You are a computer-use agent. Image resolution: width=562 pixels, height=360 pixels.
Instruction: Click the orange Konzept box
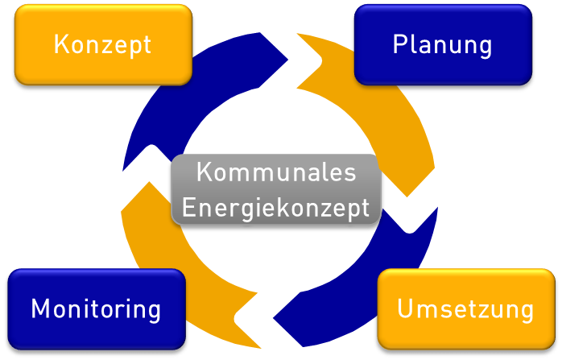click(103, 44)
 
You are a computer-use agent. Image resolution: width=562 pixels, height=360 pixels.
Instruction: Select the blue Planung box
click(443, 44)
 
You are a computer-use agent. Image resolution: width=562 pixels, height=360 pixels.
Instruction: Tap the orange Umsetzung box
click(465, 308)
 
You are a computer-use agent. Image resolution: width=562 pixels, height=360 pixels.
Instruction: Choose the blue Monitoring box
click(97, 308)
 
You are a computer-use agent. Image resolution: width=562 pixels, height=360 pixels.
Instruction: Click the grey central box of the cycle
click(276, 190)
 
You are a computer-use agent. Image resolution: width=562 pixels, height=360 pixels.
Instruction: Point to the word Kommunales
click(276, 173)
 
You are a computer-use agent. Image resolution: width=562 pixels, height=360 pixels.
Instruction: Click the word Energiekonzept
click(276, 207)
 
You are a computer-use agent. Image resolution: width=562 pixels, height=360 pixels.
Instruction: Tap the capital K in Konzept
click(60, 44)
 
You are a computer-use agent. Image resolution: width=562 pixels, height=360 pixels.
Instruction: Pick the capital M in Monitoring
click(40, 308)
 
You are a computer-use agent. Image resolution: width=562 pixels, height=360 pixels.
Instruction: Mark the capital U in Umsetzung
click(405, 308)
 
